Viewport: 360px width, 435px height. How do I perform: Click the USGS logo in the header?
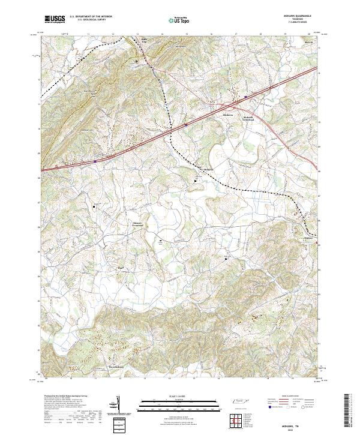55,19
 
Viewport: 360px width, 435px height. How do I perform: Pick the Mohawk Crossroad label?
138,223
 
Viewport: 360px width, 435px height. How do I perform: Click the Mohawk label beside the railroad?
208,170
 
